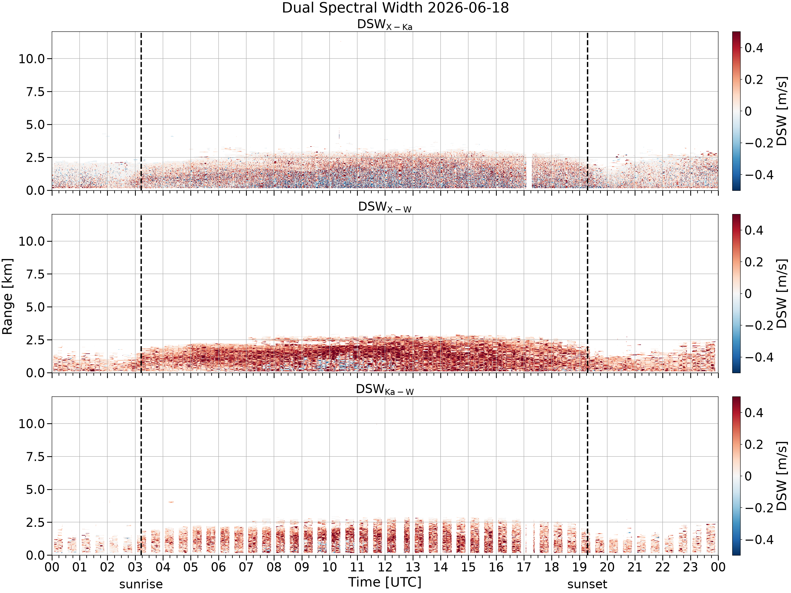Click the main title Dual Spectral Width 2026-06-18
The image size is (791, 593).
(x=395, y=8)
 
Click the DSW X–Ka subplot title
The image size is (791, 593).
(x=385, y=25)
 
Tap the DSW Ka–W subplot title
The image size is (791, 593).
(x=385, y=390)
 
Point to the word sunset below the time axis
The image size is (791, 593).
(x=587, y=584)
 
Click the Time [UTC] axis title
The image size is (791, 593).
(x=385, y=582)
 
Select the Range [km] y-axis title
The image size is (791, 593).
(x=7, y=296)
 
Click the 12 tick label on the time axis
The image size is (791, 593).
(x=385, y=567)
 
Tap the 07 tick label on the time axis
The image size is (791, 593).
(x=246, y=567)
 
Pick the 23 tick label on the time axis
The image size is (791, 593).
(x=690, y=567)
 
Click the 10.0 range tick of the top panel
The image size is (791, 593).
(x=32, y=59)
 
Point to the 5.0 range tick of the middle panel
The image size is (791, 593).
(x=36, y=307)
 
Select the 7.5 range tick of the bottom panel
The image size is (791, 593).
(x=36, y=456)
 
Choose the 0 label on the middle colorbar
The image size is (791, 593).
(x=748, y=294)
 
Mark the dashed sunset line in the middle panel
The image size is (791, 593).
(x=587, y=293)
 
